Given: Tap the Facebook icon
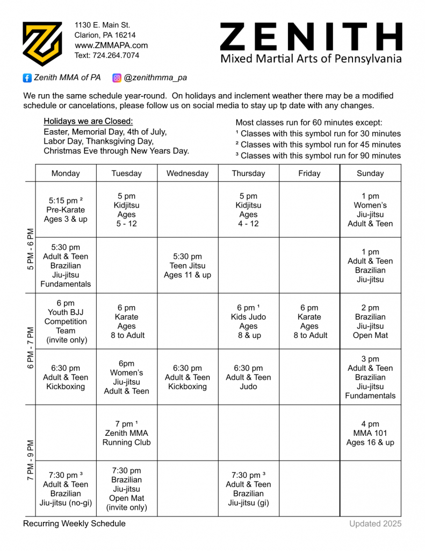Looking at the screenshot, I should coord(27,78).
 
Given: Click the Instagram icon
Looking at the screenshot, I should coord(117,78).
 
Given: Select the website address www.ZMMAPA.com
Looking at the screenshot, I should coord(111,45).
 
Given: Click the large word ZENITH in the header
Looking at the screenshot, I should coord(311,37).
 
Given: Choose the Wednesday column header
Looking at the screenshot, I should coord(188,173).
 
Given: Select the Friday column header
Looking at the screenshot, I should coord(309,173).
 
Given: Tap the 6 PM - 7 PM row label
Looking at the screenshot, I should coord(30,348).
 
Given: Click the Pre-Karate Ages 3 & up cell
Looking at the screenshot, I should coord(66,210).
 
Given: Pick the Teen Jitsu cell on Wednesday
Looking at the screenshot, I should coord(188,266).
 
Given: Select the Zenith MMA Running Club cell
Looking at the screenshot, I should coord(127,433).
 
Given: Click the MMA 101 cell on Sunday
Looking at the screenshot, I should coord(370,433).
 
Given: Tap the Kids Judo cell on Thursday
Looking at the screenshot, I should coord(248,322).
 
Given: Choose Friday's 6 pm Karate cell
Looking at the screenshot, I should coord(309,322).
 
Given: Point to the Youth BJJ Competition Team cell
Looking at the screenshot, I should coord(66,322).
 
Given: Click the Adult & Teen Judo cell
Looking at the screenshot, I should coord(248,377).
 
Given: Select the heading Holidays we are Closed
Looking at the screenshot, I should coord(88,121).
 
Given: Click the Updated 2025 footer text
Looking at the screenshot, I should coord(375,524).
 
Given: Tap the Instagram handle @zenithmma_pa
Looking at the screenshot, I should coord(155,78).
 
